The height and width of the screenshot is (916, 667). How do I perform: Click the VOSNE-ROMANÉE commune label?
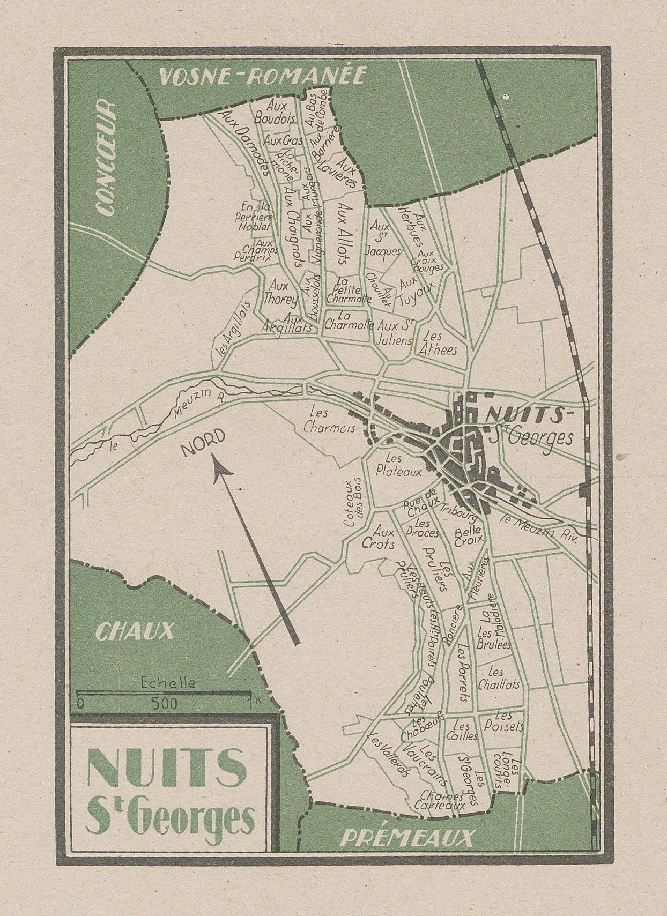[262, 77]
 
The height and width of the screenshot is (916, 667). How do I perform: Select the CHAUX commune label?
[135, 631]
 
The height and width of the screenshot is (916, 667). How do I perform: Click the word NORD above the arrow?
[203, 443]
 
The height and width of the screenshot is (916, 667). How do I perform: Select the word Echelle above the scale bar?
[168, 683]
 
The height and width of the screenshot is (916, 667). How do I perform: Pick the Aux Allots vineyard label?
[344, 233]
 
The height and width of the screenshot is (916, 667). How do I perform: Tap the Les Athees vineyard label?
[440, 343]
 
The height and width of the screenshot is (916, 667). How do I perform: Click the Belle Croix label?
[469, 537]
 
